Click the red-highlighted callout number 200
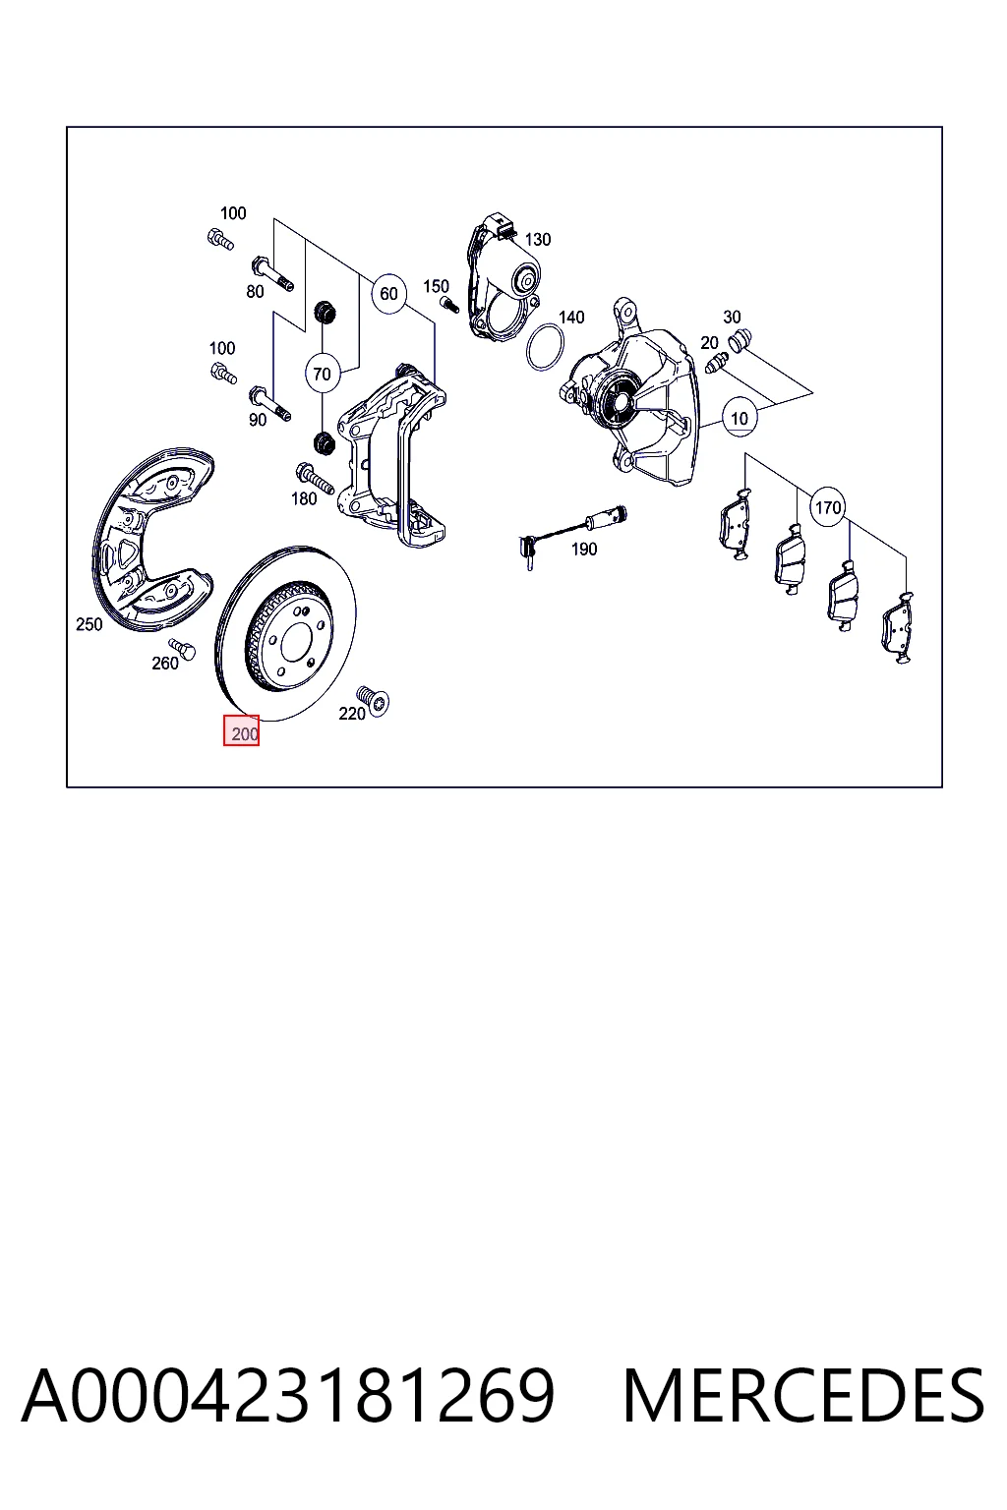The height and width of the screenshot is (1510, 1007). click(242, 730)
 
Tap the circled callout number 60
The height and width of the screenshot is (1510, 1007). click(388, 293)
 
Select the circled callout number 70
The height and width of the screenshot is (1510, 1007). click(323, 374)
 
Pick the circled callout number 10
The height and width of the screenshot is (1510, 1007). click(740, 418)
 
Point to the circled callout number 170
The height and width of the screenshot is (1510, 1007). click(828, 507)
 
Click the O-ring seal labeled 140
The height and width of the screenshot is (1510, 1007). click(545, 346)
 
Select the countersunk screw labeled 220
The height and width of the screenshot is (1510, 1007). click(373, 700)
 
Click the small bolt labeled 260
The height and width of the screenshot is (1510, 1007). click(182, 648)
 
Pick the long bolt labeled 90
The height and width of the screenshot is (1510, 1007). click(269, 402)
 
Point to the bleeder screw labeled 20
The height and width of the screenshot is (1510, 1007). click(715, 363)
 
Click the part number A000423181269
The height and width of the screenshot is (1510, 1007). click(288, 1395)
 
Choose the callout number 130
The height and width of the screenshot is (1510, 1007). click(538, 239)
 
